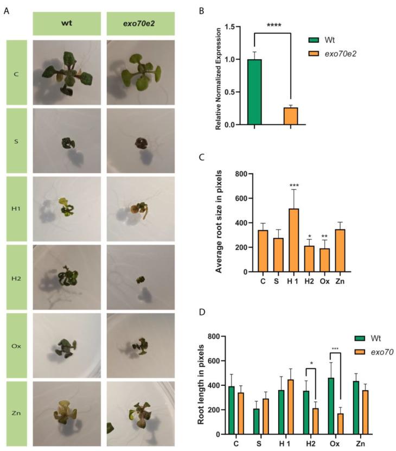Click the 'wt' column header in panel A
[67, 24]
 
